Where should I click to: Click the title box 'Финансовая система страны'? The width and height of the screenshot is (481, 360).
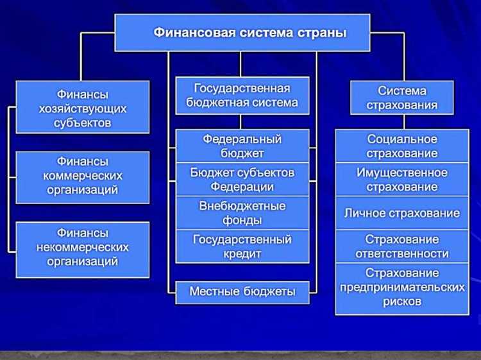click(242, 32)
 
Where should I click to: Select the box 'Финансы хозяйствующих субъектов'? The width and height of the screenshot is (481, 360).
click(83, 107)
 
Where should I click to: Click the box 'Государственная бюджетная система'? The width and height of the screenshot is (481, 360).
click(242, 95)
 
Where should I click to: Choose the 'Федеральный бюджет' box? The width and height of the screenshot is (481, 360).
click(242, 146)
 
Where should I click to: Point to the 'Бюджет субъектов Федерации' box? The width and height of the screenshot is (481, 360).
click(242, 180)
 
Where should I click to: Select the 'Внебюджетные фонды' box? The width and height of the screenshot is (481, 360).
click(242, 213)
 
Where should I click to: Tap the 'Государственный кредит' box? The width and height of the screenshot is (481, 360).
click(242, 246)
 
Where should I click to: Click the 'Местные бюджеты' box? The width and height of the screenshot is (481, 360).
click(242, 291)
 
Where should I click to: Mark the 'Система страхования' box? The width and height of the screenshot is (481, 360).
click(402, 97)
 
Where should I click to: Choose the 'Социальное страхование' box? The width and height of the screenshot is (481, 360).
click(402, 146)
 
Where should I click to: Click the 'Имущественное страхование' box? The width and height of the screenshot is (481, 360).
click(402, 180)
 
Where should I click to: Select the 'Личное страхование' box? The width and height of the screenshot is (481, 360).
click(402, 213)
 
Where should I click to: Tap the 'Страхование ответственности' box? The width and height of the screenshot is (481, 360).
click(402, 246)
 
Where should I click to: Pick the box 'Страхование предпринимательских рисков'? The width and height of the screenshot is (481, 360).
click(402, 288)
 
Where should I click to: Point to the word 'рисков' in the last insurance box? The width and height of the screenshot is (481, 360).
click(402, 302)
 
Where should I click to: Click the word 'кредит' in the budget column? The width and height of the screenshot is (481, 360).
click(242, 254)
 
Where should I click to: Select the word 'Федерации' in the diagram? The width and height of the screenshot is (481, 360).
click(242, 187)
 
